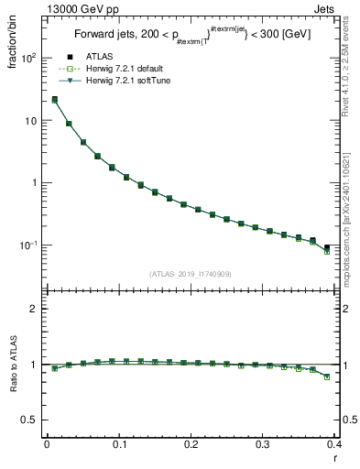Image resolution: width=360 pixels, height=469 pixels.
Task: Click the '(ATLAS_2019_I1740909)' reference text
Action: pos(190,274)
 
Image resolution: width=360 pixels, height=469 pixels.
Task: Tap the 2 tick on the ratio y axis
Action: pos(34,309)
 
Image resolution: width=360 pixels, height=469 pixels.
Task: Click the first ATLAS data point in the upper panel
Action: pos(54,99)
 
